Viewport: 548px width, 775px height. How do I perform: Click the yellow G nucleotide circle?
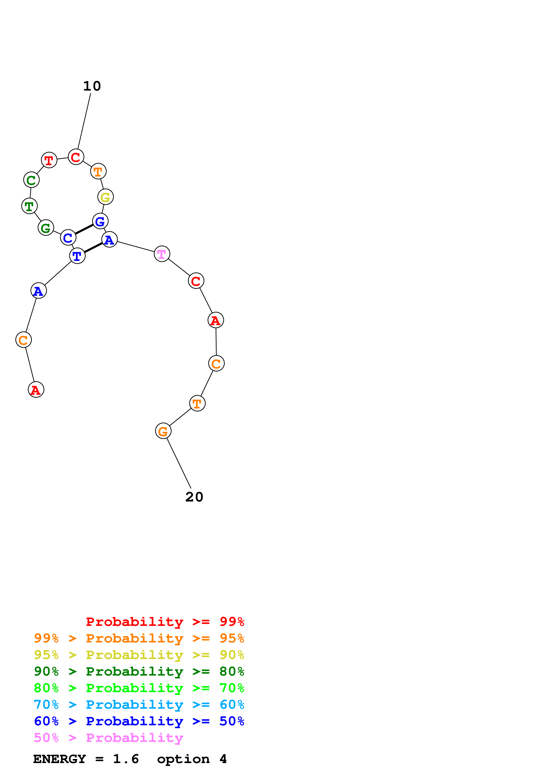(x=105, y=197)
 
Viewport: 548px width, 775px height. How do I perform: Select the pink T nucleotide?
(x=162, y=254)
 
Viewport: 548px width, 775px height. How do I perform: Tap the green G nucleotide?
(x=46, y=228)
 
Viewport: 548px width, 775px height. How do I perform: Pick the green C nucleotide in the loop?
(x=31, y=180)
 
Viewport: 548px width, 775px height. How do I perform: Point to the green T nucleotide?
(x=29, y=206)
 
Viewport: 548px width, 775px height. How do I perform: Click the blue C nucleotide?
(x=68, y=238)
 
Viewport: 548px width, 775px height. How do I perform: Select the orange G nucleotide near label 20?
(x=163, y=431)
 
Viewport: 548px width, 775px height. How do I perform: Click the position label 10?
(x=92, y=86)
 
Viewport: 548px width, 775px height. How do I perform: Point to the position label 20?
(x=194, y=497)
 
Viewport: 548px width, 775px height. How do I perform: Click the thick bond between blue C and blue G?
(x=84, y=230)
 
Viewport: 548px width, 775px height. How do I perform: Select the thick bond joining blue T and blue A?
(x=93, y=247)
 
